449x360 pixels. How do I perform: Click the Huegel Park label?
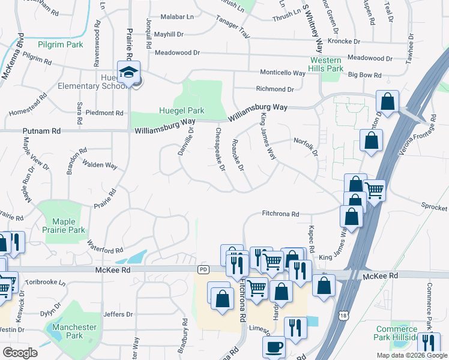pos(181,110)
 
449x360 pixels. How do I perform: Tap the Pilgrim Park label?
pos(59,44)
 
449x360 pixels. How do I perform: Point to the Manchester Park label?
pos(74,331)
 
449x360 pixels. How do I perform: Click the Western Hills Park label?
pos(327,65)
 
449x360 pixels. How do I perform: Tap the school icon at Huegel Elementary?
pos(128,72)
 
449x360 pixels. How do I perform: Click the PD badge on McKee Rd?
pos(203,270)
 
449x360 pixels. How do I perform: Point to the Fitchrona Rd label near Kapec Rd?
pos(280,214)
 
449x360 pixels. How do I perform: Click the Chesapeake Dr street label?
pos(219,149)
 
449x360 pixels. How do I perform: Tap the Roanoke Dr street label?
pos(238,155)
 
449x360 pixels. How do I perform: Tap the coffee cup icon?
pos(274,346)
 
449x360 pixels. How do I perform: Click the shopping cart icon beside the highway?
pos(375,190)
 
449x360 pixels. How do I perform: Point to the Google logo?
pos(20,353)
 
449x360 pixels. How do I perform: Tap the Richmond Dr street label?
pos(275,89)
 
